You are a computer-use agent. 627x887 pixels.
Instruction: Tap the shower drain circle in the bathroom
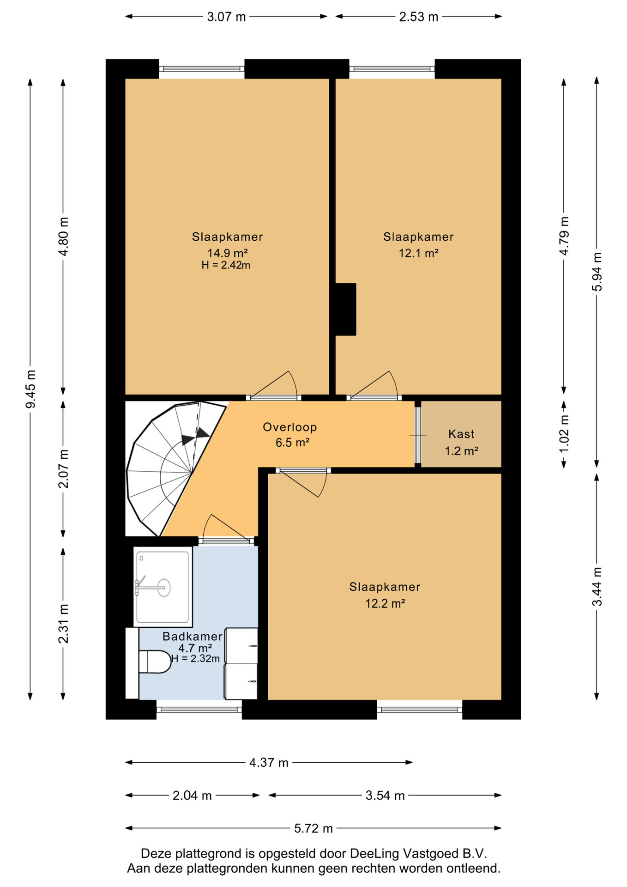point(164,588)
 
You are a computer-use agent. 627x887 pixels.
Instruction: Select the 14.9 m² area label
point(228,253)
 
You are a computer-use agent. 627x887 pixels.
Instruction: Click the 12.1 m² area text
point(418,253)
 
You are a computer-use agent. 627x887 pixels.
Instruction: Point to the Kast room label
point(461,434)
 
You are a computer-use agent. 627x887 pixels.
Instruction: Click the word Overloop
point(290,427)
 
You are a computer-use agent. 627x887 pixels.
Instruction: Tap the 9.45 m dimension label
point(30,389)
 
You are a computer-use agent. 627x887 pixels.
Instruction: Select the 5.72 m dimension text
point(313,828)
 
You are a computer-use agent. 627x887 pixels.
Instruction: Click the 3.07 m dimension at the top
point(226,17)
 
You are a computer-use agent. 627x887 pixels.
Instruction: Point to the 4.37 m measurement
point(269,763)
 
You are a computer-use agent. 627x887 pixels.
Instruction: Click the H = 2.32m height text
point(195,658)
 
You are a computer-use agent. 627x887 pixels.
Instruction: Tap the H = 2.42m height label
point(226,265)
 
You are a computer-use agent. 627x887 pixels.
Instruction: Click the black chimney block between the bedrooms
point(345,309)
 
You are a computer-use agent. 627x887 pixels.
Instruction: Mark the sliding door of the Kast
point(417,435)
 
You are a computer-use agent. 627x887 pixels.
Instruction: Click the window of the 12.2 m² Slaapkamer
point(419,710)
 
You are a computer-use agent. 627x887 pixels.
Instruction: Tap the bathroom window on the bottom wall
point(199,710)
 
